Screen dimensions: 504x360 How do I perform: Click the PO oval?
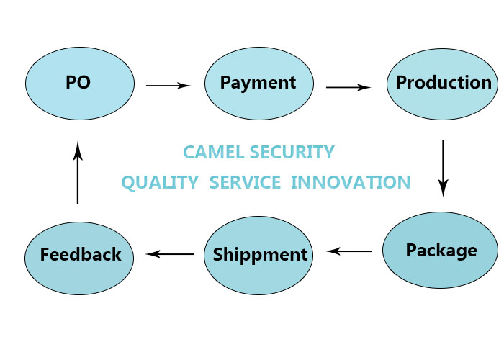pyautogui.click(x=80, y=84)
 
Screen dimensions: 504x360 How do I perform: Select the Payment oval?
pyautogui.click(x=259, y=84)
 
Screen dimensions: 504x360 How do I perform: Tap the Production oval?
pyautogui.click(x=442, y=84)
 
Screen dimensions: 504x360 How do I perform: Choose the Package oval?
pyautogui.click(x=441, y=250)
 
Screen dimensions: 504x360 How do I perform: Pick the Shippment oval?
pyautogui.click(x=258, y=256)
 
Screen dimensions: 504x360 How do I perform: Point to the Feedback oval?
pyautogui.click(x=79, y=258)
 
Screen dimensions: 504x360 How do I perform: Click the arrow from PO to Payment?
pyautogui.click(x=168, y=86)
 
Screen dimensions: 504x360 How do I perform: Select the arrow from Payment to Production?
pyautogui.click(x=348, y=87)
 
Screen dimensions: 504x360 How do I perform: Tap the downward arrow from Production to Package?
pyautogui.click(x=444, y=168)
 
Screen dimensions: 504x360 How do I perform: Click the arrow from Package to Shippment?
pyautogui.click(x=349, y=251)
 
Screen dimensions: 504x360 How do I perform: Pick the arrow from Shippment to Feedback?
pyautogui.click(x=170, y=254)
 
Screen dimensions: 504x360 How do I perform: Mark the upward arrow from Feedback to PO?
pyautogui.click(x=78, y=172)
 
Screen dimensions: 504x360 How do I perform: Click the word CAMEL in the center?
pyautogui.click(x=214, y=152)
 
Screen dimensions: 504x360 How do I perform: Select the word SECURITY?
pyautogui.click(x=292, y=152)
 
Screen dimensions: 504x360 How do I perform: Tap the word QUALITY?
pyautogui.click(x=160, y=183)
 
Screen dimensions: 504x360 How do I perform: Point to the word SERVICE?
pyautogui.click(x=245, y=182)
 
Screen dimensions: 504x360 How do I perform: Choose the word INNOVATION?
pyautogui.click(x=351, y=182)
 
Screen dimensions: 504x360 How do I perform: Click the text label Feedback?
pyautogui.click(x=81, y=254)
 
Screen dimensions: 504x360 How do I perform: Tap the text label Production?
pyautogui.click(x=444, y=82)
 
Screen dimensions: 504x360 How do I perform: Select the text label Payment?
pyautogui.click(x=258, y=84)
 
